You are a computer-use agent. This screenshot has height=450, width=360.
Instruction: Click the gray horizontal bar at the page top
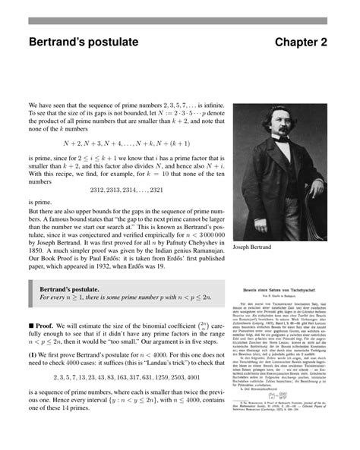tap(179, 20)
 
